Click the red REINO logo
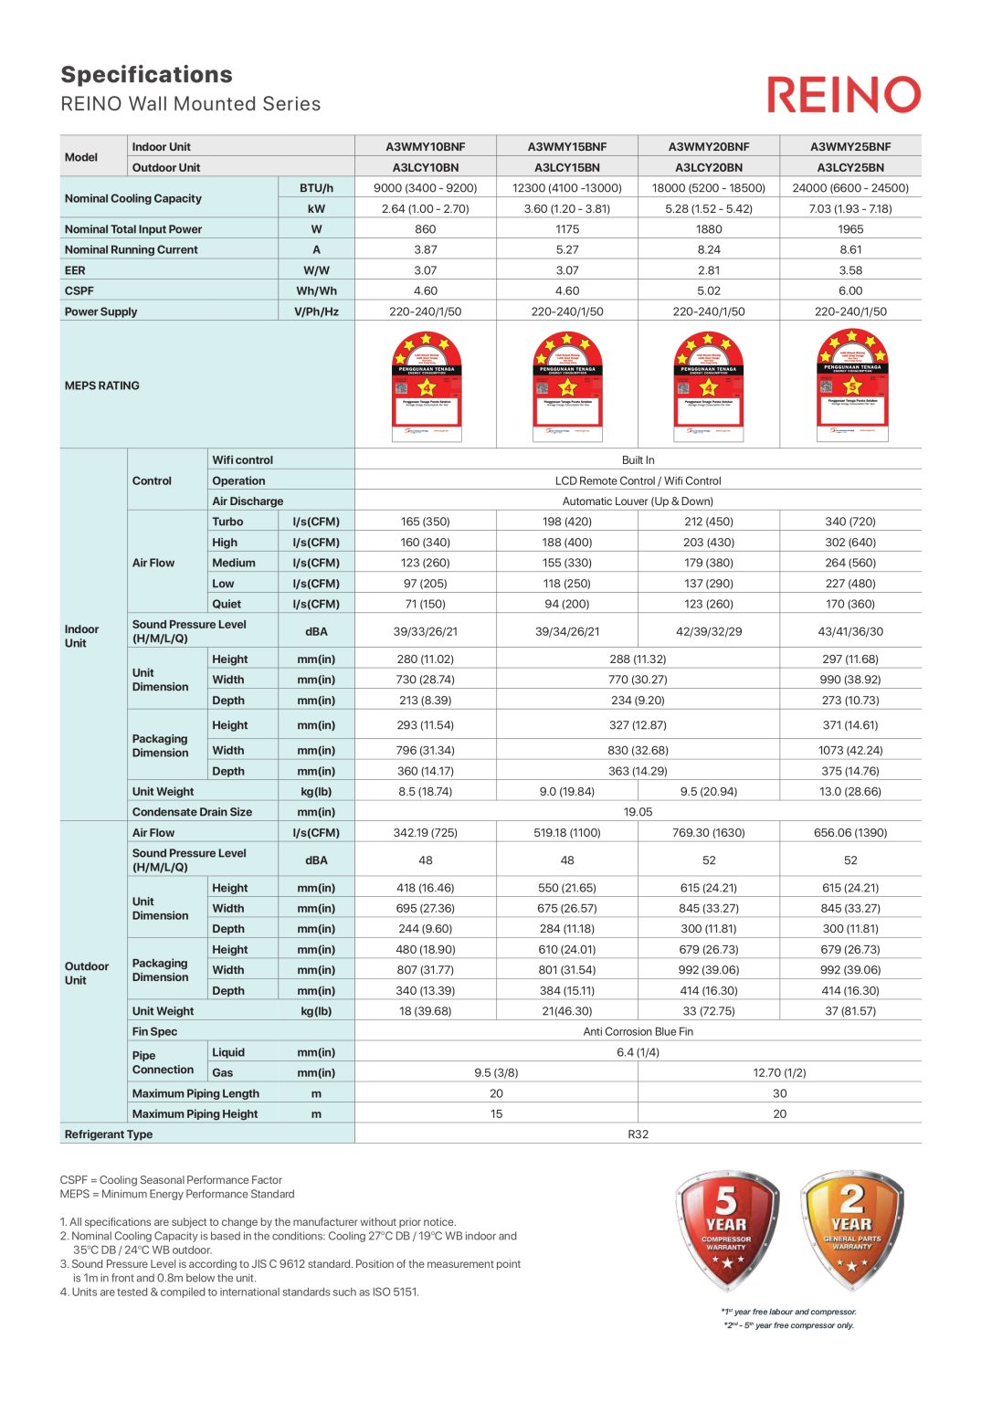843,95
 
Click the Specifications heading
146,75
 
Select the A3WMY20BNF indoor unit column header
708,146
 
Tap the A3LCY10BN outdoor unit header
425,167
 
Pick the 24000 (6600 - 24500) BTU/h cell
850,188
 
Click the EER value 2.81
708,270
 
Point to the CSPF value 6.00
850,290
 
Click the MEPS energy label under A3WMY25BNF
851,385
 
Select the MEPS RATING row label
102,385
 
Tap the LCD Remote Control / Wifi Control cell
638,480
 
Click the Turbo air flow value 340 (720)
850,522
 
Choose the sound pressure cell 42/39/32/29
708,631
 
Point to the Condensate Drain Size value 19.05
638,811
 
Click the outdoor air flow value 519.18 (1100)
566,832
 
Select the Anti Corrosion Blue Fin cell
638,1031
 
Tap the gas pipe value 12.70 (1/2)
779,1072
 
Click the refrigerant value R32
638,1134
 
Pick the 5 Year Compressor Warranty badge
727,1229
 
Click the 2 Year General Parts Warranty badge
851,1229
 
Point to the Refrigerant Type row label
109,1134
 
